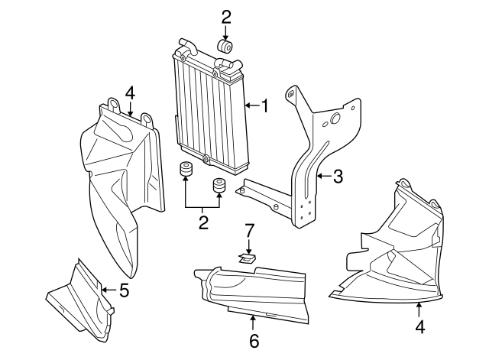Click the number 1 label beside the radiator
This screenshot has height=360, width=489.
tap(264, 105)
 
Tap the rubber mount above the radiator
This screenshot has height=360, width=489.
tap(225, 48)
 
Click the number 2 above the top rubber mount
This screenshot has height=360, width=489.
tap(225, 16)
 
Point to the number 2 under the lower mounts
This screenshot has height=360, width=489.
tap(203, 223)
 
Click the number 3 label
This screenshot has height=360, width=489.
tap(337, 177)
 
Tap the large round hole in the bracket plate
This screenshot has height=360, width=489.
tap(334, 120)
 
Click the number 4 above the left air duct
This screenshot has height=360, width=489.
tap(130, 93)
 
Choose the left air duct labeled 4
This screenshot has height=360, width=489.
tap(122, 183)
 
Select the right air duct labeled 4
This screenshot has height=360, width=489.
tap(397, 252)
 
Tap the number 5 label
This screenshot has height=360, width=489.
tap(124, 290)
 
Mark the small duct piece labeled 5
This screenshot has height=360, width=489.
tap(80, 302)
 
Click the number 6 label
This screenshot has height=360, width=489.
tap(254, 339)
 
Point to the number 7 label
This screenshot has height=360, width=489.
tap(248, 229)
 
